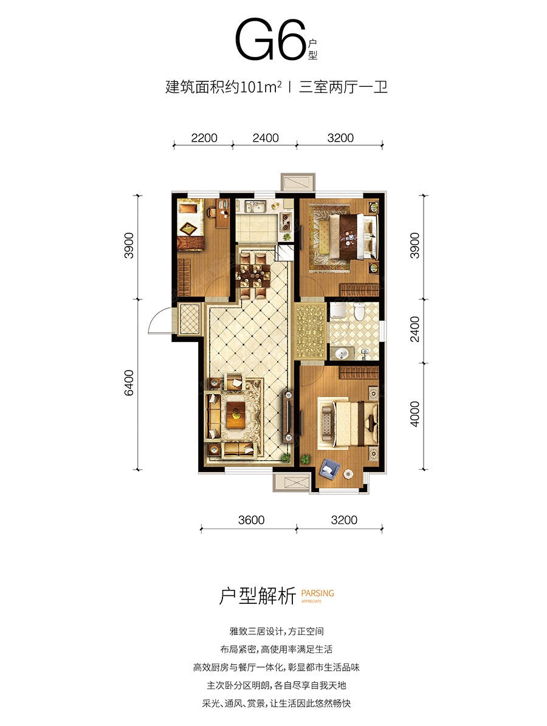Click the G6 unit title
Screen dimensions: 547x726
[271, 40]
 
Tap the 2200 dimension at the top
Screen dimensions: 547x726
[204, 138]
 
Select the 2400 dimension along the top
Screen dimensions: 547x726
[266, 138]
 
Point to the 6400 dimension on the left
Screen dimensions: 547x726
[129, 383]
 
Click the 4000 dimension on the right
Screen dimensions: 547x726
[415, 414]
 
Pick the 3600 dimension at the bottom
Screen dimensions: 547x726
[251, 520]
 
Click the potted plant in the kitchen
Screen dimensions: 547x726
[287, 236]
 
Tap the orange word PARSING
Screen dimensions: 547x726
[317, 593]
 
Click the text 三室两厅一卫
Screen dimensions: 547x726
[343, 87]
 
